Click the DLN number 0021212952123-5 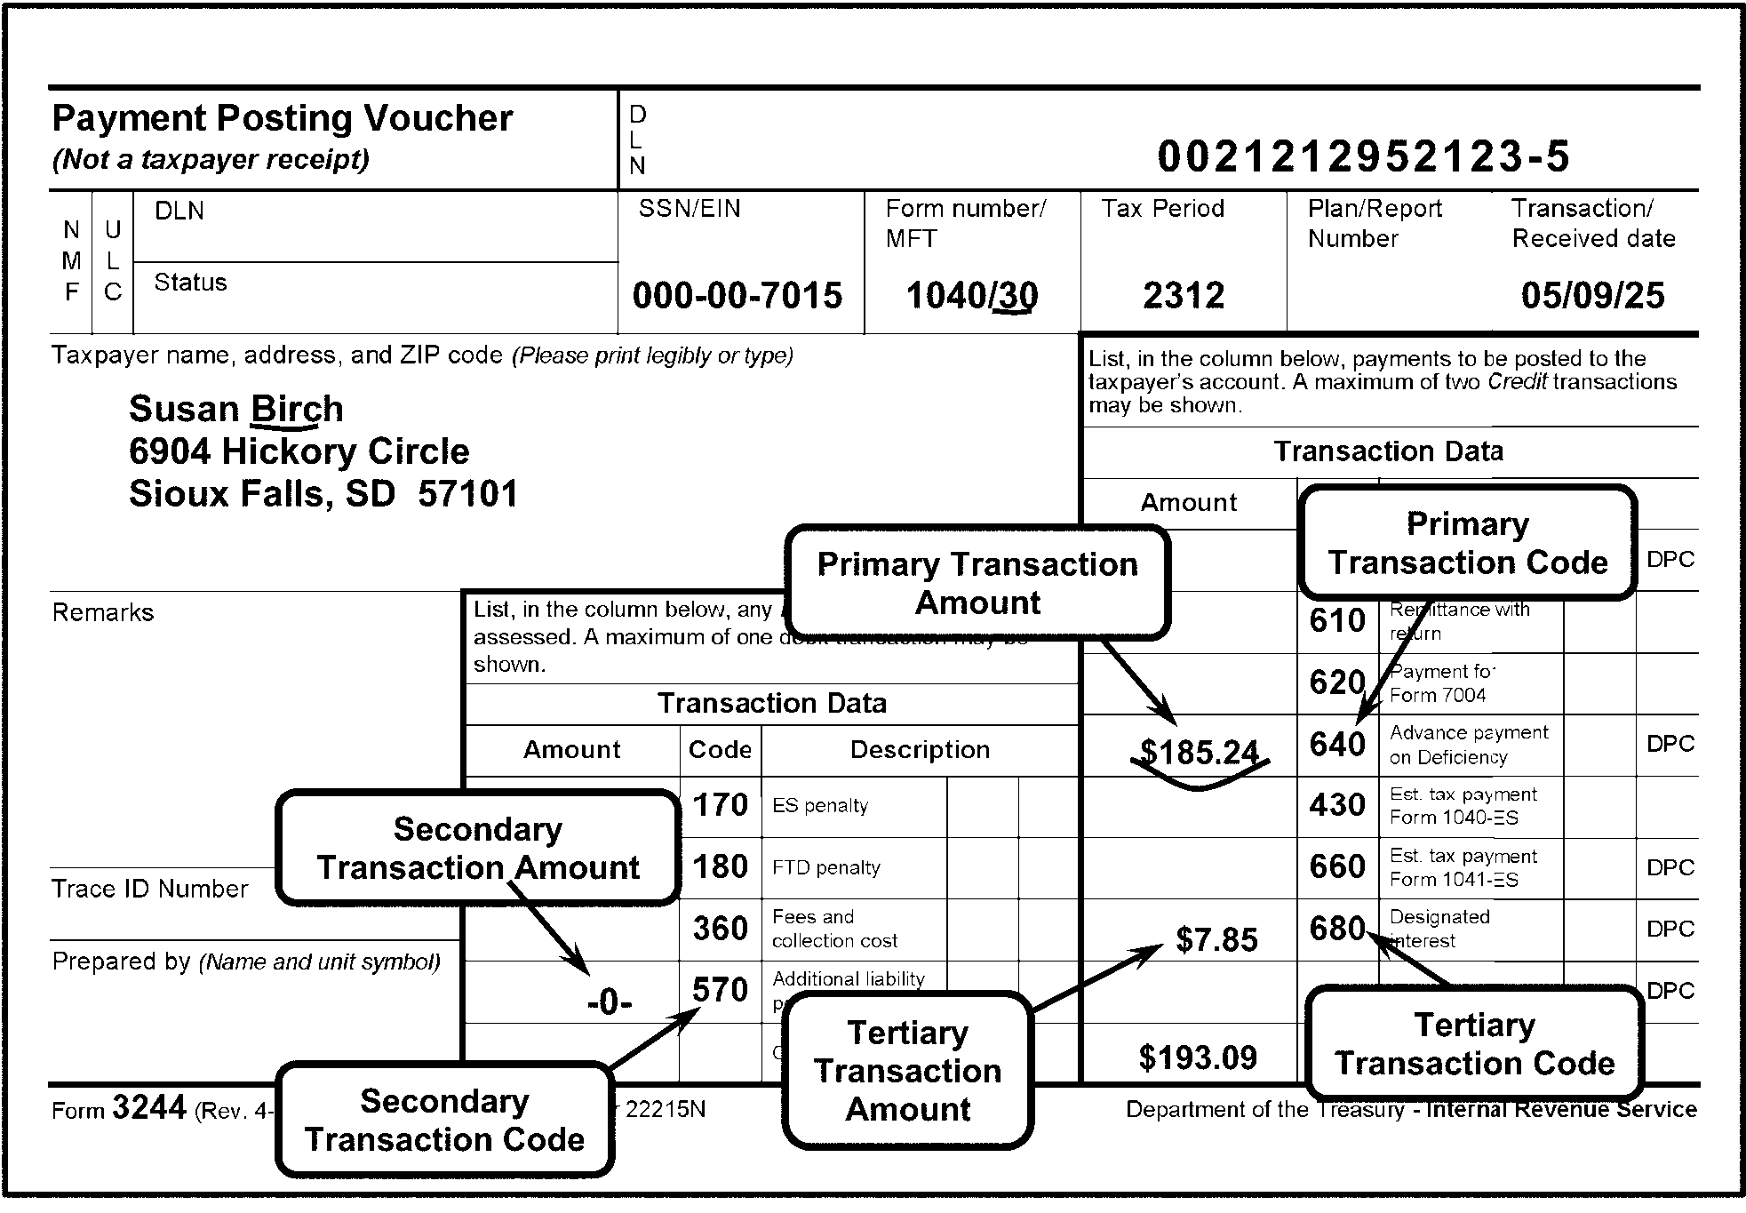tap(1363, 157)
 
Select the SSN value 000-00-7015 tap(737, 296)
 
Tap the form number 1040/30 tap(971, 296)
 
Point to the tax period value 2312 tap(1184, 296)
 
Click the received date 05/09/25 tap(1592, 296)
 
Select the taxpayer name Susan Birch tap(235, 409)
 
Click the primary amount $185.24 tap(1200, 753)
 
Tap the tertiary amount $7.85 tap(1216, 940)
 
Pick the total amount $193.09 tap(1198, 1057)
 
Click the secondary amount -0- tap(610, 1003)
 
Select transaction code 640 tap(1336, 745)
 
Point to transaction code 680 tap(1336, 929)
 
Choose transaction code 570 tap(720, 990)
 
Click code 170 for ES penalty tap(720, 805)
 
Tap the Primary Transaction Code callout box tap(1467, 543)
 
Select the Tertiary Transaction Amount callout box tap(907, 1071)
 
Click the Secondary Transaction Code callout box tap(444, 1120)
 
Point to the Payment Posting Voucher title tap(282, 118)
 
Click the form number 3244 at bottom tap(149, 1108)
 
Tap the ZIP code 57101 tap(467, 494)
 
